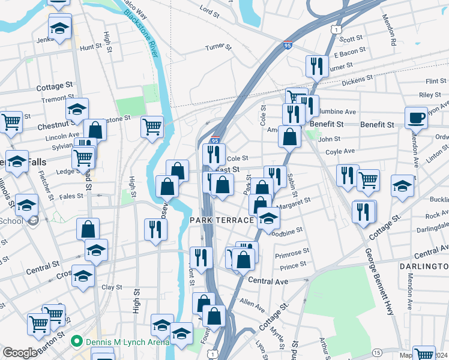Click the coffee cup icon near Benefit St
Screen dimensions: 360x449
[x=416, y=116]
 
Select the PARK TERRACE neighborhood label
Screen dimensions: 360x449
[x=222, y=221]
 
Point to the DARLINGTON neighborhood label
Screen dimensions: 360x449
[x=424, y=266]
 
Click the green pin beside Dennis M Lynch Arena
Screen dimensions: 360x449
[x=76, y=342]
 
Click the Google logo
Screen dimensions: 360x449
[x=20, y=353]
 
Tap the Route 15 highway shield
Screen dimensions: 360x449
[x=376, y=352]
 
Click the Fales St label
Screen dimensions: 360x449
[x=71, y=196]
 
